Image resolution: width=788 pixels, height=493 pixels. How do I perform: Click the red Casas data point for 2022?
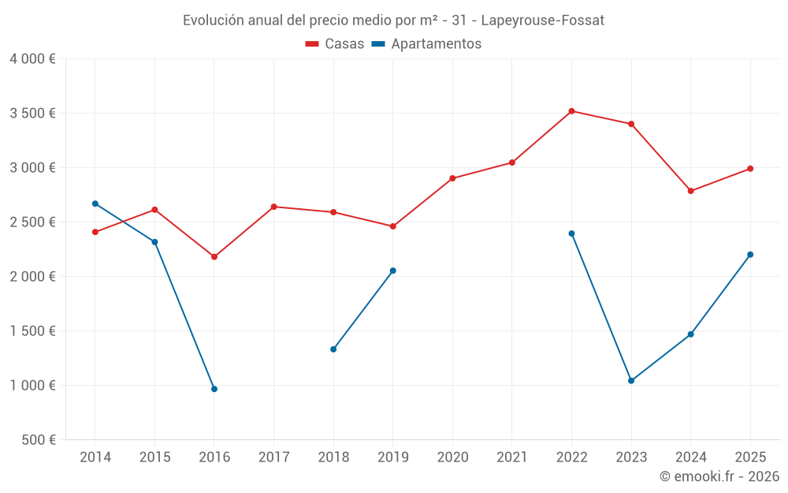[571, 111]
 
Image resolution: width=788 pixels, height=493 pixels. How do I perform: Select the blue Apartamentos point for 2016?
[214, 389]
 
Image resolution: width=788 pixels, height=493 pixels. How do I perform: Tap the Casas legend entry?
[335, 44]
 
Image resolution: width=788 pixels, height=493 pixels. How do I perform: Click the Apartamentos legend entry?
[426, 44]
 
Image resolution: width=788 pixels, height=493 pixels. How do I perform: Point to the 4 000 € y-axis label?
[32, 59]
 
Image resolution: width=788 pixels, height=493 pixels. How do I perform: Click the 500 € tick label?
[38, 440]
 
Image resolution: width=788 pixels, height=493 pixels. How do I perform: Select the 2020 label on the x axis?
[452, 458]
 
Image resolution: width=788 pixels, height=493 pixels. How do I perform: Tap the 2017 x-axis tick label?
[273, 458]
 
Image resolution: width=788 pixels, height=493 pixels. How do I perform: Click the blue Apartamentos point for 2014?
[95, 204]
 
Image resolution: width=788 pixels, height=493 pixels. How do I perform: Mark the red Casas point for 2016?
[214, 257]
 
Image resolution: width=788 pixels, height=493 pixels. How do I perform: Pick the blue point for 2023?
[631, 381]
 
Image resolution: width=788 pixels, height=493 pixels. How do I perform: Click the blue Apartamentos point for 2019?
[393, 271]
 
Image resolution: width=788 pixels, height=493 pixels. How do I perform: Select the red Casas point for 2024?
[691, 191]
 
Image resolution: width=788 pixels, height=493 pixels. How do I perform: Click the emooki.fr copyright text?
[719, 476]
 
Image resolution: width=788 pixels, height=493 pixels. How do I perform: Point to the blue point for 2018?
[333, 349]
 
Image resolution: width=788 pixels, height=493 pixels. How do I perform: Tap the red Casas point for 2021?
[512, 162]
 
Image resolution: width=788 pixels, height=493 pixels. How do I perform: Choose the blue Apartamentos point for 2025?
[750, 255]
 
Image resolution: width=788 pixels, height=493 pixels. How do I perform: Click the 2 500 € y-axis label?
[32, 222]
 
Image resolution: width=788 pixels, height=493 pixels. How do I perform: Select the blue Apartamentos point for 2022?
[571, 233]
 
